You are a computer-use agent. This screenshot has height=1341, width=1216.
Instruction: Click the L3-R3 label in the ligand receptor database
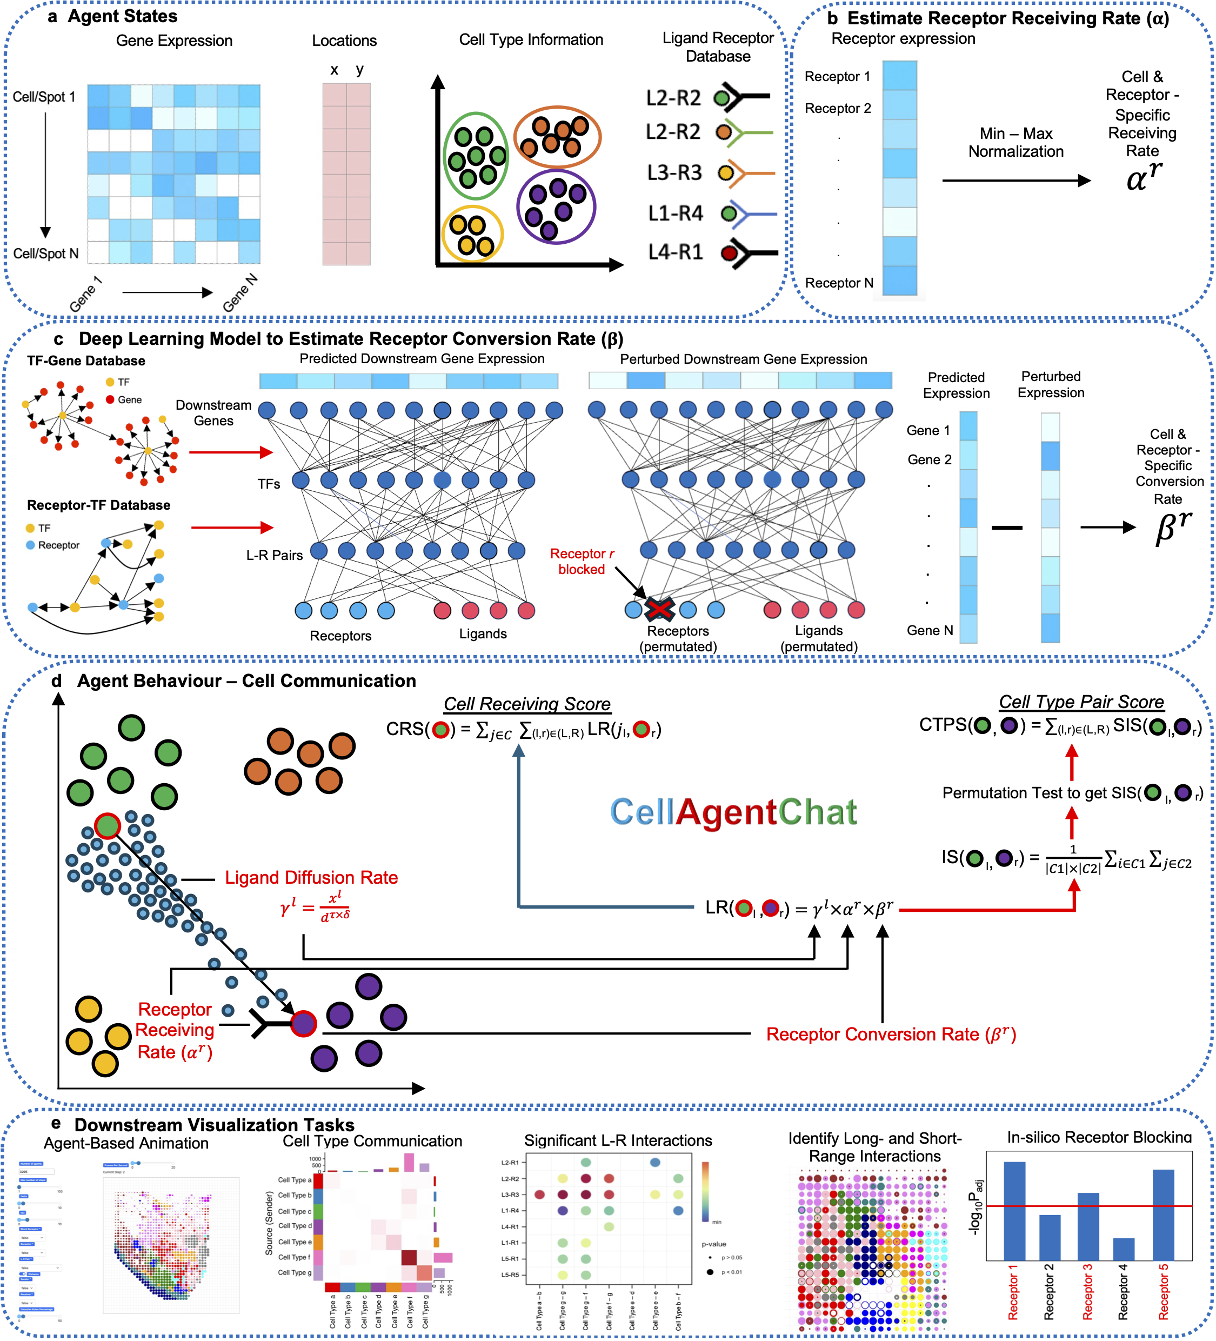pyautogui.click(x=674, y=173)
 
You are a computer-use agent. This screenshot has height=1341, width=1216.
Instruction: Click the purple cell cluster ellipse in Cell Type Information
pyautogui.click(x=556, y=206)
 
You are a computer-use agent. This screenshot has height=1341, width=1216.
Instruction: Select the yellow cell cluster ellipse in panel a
pyautogui.click(x=472, y=234)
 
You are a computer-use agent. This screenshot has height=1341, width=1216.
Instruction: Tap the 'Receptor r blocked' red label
pyautogui.click(x=582, y=562)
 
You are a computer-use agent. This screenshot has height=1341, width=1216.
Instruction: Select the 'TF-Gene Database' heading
pyautogui.click(x=86, y=361)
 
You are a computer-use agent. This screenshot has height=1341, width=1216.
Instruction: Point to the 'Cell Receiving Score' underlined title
pyautogui.click(x=527, y=704)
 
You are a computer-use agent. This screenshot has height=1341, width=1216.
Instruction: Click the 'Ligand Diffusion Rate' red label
pyautogui.click(x=311, y=877)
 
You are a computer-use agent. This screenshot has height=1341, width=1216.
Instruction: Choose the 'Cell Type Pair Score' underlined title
pyautogui.click(x=1081, y=702)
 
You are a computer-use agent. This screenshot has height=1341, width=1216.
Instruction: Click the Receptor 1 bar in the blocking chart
pyautogui.click(x=1014, y=1211)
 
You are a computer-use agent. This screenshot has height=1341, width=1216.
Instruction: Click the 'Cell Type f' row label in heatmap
pyautogui.click(x=294, y=1257)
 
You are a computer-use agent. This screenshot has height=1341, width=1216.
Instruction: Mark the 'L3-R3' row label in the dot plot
pyautogui.click(x=510, y=1195)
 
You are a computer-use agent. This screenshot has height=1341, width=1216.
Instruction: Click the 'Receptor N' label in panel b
pyautogui.click(x=839, y=283)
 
